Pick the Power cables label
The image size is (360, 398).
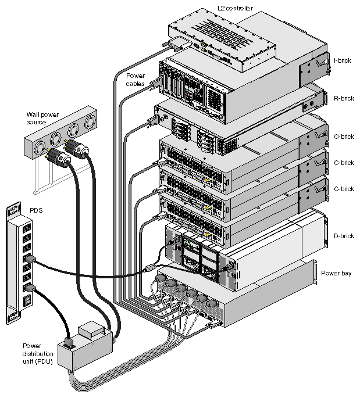137,79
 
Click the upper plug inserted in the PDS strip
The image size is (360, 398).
31,260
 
